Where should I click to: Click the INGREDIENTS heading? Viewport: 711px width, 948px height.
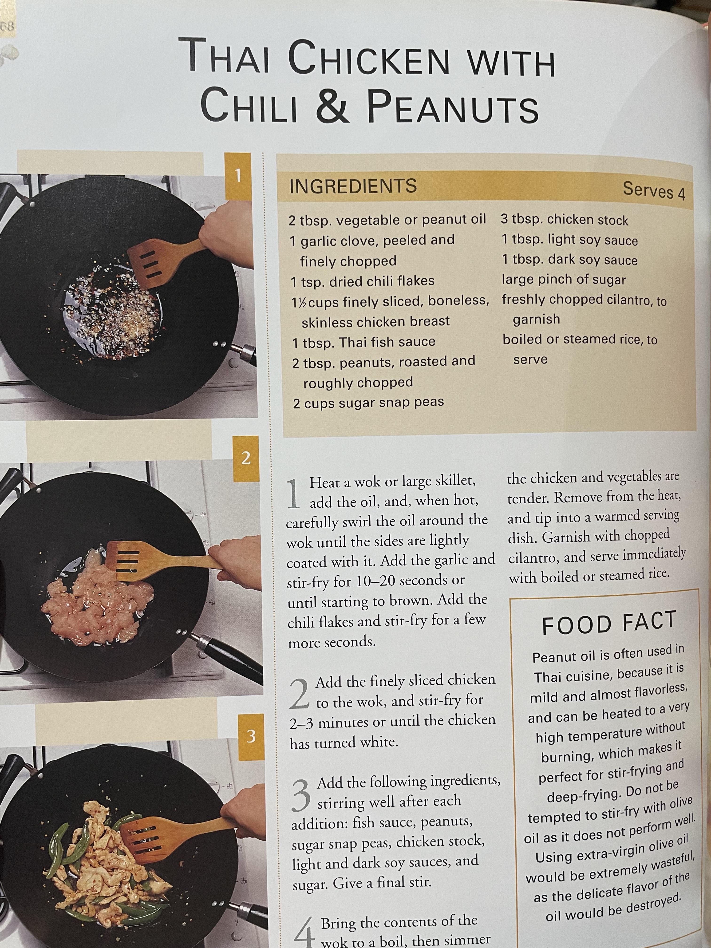pyautogui.click(x=353, y=186)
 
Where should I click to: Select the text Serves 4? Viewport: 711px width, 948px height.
pyautogui.click(x=654, y=190)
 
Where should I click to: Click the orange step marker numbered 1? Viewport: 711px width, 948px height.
pyautogui.click(x=238, y=176)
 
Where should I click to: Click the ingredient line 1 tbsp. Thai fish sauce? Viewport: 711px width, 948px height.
pyautogui.click(x=363, y=342)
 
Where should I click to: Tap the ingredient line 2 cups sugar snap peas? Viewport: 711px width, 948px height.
pyautogui.click(x=368, y=403)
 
